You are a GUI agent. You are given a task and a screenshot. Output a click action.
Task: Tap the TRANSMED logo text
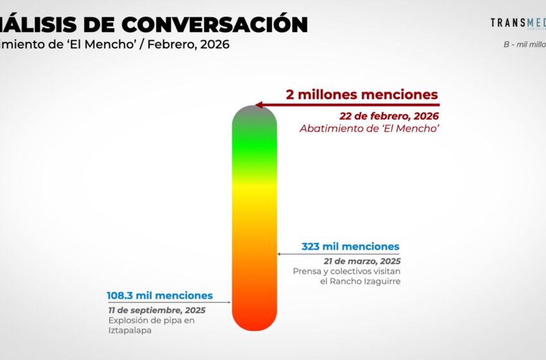click(518, 22)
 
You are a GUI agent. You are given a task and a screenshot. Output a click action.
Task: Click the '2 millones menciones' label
click(362, 94)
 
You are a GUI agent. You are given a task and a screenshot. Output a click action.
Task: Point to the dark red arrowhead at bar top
click(259, 105)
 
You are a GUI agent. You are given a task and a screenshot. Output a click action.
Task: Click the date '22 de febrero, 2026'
click(389, 116)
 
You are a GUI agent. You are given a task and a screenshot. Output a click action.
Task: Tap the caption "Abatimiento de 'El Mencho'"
click(369, 129)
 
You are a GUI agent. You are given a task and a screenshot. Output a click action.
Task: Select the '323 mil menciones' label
click(350, 246)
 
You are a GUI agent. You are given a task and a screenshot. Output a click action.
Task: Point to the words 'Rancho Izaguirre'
click(365, 282)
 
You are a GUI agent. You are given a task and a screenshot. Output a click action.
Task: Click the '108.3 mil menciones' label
click(159, 296)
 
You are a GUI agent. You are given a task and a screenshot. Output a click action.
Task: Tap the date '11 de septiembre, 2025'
click(157, 310)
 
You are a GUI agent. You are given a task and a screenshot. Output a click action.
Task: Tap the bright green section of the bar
click(254, 141)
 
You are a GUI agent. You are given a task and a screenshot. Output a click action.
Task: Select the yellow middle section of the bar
click(254, 206)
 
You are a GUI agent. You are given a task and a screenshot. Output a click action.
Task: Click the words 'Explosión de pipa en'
click(151, 321)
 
